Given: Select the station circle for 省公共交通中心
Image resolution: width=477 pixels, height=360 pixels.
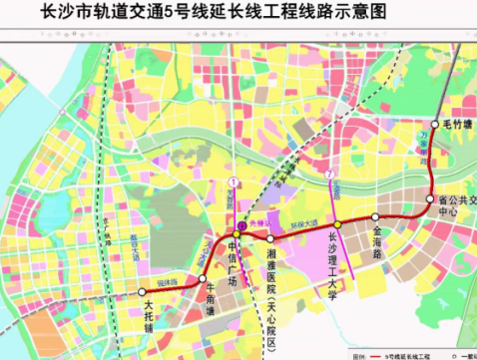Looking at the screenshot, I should click(x=431, y=199).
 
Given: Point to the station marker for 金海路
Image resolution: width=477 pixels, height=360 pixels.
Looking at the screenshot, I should click(x=375, y=216).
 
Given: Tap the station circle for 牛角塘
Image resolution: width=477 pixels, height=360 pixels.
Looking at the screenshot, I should click(x=202, y=278).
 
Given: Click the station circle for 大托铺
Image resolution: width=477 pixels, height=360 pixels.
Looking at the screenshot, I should click(x=142, y=293).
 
